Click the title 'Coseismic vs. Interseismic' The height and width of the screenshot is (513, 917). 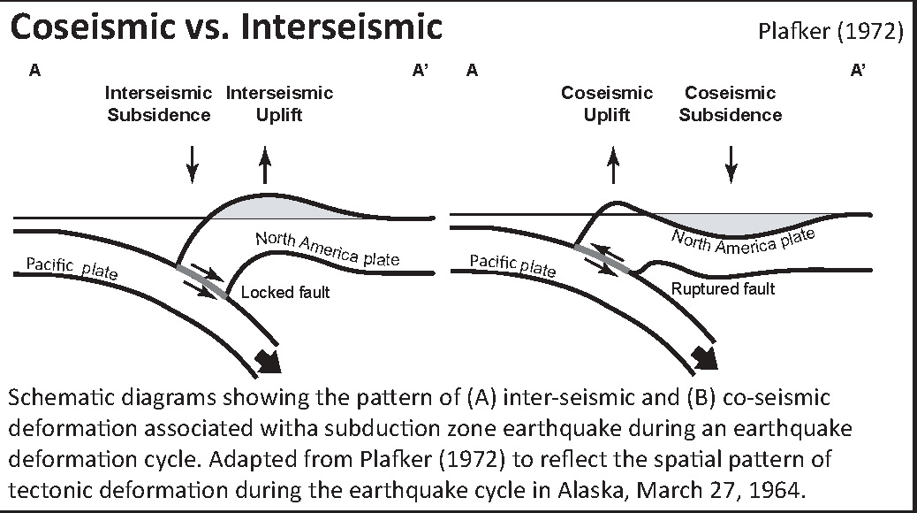(226, 27)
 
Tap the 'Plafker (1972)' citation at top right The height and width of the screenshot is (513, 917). (830, 31)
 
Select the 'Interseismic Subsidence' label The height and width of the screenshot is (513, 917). (158, 103)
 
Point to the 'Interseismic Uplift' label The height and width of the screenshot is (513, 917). (279, 103)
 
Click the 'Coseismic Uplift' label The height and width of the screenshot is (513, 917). (607, 103)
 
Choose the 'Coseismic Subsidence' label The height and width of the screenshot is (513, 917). (731, 103)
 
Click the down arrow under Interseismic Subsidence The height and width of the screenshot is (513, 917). (192, 165)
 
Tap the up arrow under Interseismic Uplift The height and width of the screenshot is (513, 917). (265, 165)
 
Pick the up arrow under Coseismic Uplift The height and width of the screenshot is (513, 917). (613, 165)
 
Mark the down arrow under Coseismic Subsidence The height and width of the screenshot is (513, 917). (731, 165)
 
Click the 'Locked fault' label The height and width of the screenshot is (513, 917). (285, 292)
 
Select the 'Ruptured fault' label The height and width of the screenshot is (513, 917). (723, 288)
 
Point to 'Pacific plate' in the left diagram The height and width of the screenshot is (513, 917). (72, 268)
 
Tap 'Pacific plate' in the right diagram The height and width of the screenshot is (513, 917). (512, 265)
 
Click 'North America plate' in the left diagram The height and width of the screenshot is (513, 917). (328, 249)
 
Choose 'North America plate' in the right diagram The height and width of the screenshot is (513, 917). (743, 241)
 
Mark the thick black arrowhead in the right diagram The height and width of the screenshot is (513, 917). (705, 357)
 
